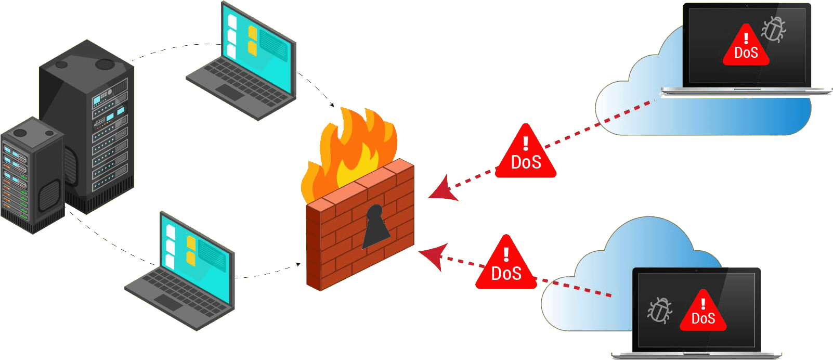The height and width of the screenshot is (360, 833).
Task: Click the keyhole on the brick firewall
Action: coord(375,226)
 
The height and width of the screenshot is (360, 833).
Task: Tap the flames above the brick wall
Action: coord(354,151)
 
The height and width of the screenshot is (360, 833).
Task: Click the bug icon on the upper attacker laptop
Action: coord(774,29)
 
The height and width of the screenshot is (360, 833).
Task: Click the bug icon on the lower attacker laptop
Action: coord(659,311)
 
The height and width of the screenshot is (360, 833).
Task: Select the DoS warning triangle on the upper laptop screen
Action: coord(746,48)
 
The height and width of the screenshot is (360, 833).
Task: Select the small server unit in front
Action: coord(31,177)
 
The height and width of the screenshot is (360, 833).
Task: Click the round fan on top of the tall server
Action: coord(105,64)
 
